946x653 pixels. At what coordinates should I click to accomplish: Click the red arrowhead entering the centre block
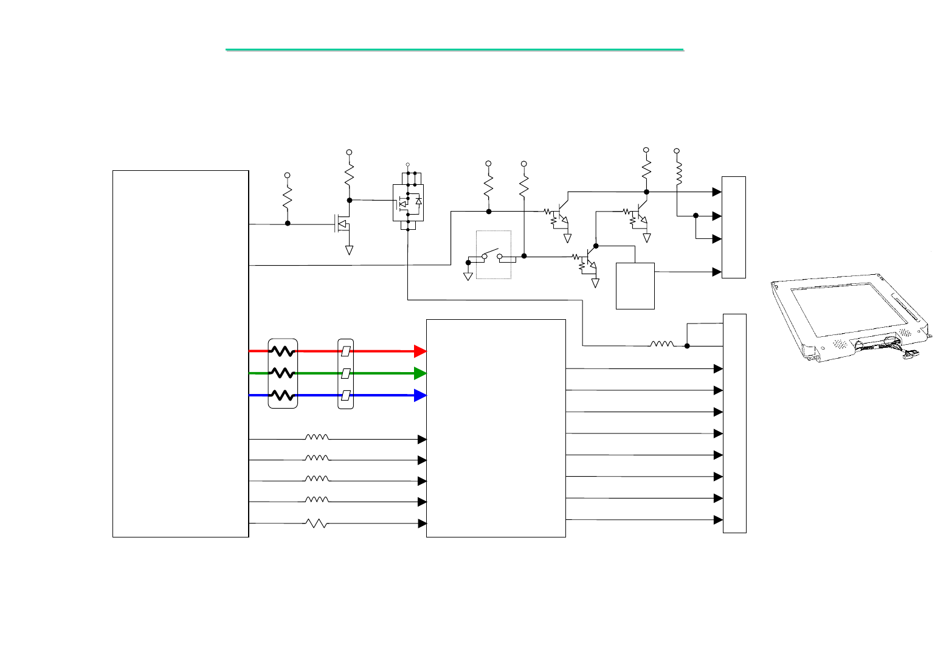420,351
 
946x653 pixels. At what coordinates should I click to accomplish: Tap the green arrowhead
420,373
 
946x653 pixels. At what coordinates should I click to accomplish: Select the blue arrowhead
420,395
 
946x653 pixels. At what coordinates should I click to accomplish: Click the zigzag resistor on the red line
283,351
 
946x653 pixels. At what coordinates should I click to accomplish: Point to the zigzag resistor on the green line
283,373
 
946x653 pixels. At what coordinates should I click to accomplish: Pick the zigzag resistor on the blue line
283,395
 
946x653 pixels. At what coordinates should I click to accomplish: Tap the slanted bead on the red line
345,351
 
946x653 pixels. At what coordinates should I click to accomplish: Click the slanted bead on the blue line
345,396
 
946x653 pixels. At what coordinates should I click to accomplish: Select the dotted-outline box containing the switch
493,255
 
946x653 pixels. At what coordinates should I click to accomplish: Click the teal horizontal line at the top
455,49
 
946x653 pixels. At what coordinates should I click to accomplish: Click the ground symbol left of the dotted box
468,275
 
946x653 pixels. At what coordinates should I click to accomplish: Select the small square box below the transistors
635,286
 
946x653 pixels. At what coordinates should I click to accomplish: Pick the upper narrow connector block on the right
734,227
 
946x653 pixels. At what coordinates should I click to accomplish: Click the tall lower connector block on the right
734,423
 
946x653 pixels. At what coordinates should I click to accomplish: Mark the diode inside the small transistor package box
418,201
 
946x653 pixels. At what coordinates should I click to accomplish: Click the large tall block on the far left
181,354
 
